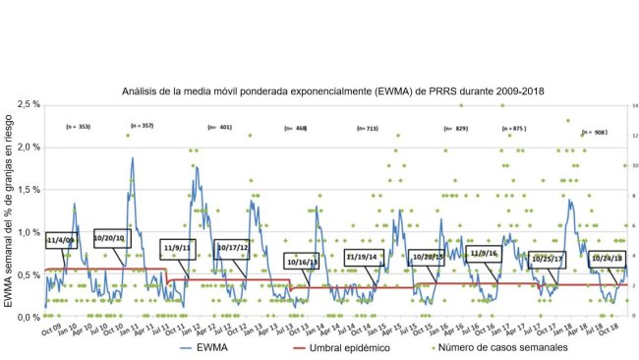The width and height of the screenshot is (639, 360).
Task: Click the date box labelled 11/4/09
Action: coord(60,239)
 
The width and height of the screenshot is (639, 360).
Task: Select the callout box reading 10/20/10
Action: coord(109,238)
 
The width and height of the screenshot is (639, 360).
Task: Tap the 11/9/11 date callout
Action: coord(179,247)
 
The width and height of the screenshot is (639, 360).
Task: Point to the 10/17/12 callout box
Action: coord(233,247)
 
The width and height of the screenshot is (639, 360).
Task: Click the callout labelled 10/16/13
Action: coord(302,262)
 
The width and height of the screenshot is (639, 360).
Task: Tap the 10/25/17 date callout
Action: coord(546,259)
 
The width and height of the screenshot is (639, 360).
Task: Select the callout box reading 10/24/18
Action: coord(606,259)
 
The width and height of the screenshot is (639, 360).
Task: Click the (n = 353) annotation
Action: coord(78,127)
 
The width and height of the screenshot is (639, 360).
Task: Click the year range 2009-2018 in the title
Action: coord(512,90)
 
